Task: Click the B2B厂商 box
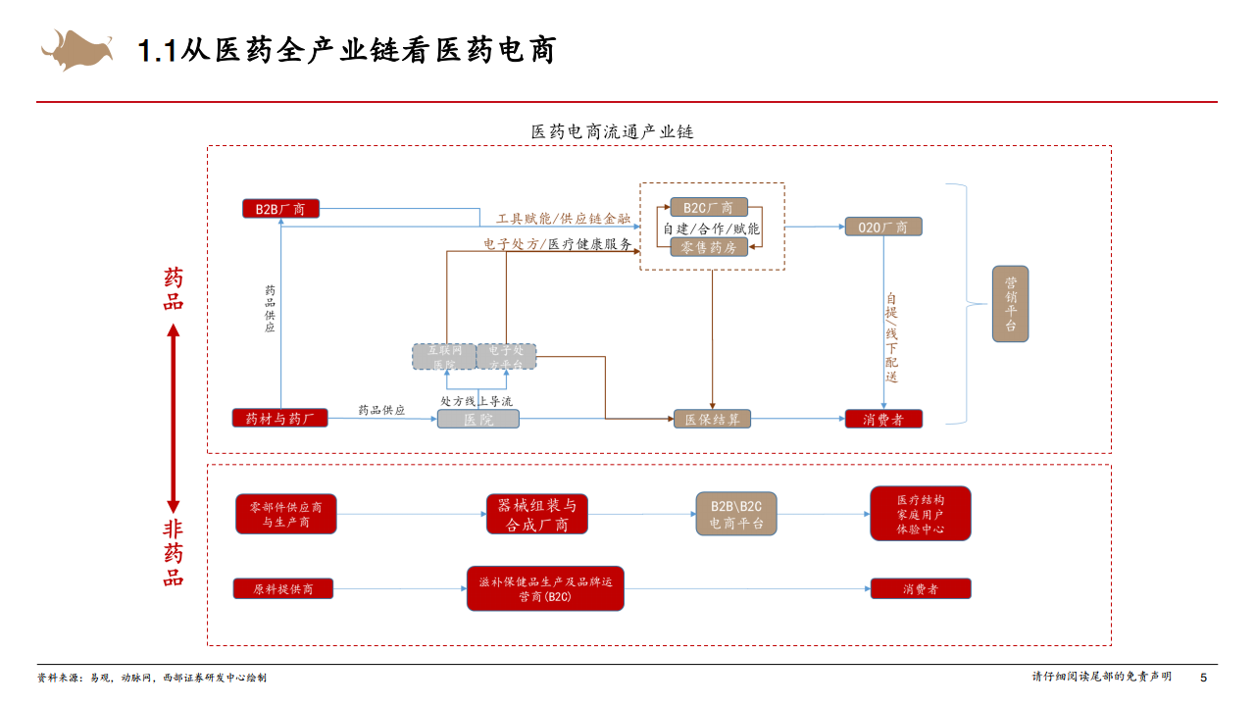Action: pyautogui.click(x=280, y=209)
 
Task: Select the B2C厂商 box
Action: pyautogui.click(x=708, y=208)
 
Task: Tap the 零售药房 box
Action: pyautogui.click(x=708, y=247)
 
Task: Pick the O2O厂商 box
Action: pyautogui.click(x=883, y=227)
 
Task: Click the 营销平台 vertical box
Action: pyautogui.click(x=1010, y=304)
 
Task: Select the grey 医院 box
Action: pyautogui.click(x=477, y=420)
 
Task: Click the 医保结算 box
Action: pyautogui.click(x=712, y=420)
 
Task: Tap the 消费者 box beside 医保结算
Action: pyautogui.click(x=883, y=420)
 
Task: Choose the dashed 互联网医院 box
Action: pyautogui.click(x=444, y=356)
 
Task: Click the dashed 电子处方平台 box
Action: pyautogui.click(x=507, y=356)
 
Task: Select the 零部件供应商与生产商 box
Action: pyautogui.click(x=285, y=515)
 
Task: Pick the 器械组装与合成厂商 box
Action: pyautogui.click(x=536, y=515)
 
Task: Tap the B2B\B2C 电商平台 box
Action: pyautogui.click(x=735, y=514)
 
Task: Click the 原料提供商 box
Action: pyautogui.click(x=283, y=589)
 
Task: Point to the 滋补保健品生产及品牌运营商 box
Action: pyautogui.click(x=545, y=588)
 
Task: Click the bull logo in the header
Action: pyautogui.click(x=77, y=49)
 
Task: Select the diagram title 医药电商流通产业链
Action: pyautogui.click(x=612, y=131)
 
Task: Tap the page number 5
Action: pyautogui.click(x=1204, y=678)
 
